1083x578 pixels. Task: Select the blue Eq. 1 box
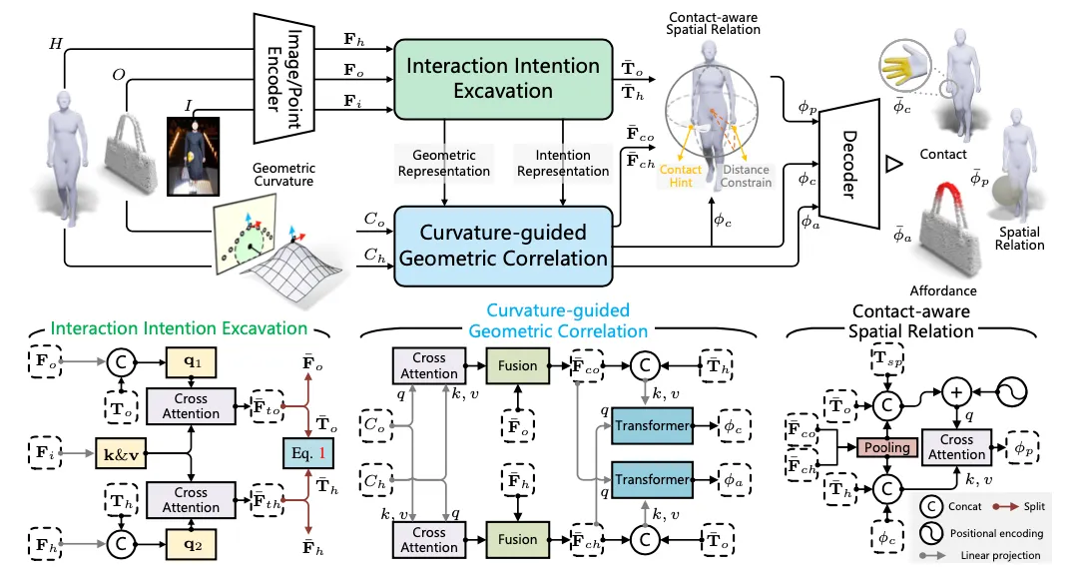309,454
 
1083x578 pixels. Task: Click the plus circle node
956,391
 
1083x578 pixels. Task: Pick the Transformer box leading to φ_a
651,480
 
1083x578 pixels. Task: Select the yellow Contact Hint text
680,177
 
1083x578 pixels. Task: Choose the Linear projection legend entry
998,556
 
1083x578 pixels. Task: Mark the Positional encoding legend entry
998,533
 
